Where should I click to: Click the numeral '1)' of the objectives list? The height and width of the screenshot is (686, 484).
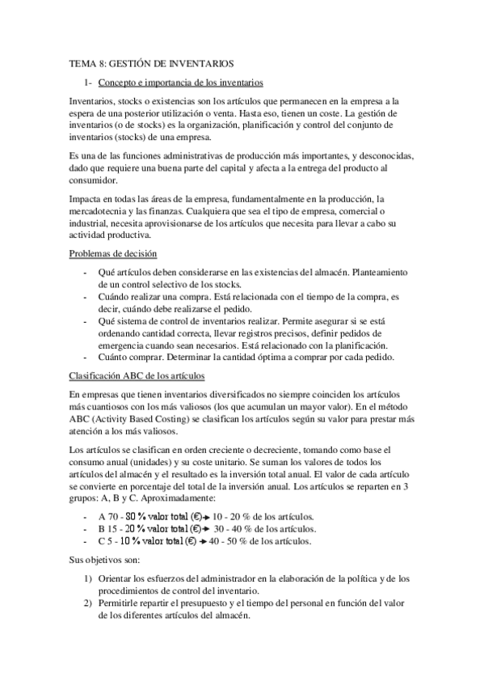[x=88, y=579]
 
